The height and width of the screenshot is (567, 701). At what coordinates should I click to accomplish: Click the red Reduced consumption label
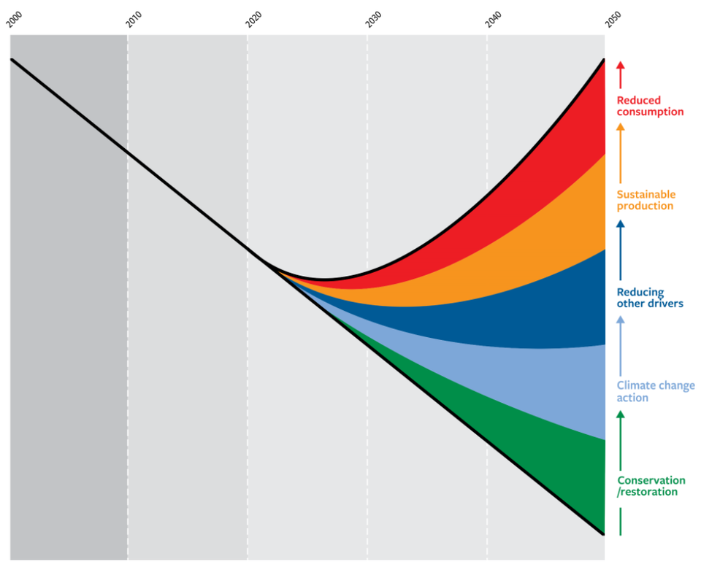coord(650,107)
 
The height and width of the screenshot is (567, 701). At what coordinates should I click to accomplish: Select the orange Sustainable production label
coord(646,200)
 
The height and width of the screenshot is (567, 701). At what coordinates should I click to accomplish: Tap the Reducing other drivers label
coord(650,298)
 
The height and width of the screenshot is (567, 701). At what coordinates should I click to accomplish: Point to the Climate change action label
coord(656,391)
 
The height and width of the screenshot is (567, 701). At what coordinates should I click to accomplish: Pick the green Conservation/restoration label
coord(651,486)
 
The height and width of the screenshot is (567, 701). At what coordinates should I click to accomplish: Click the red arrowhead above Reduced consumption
coord(621,66)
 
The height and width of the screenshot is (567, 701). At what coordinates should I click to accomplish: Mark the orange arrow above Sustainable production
coord(621,152)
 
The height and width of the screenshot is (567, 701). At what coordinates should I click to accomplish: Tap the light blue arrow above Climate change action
coord(621,343)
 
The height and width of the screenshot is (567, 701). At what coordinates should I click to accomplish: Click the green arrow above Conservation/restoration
coord(621,438)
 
